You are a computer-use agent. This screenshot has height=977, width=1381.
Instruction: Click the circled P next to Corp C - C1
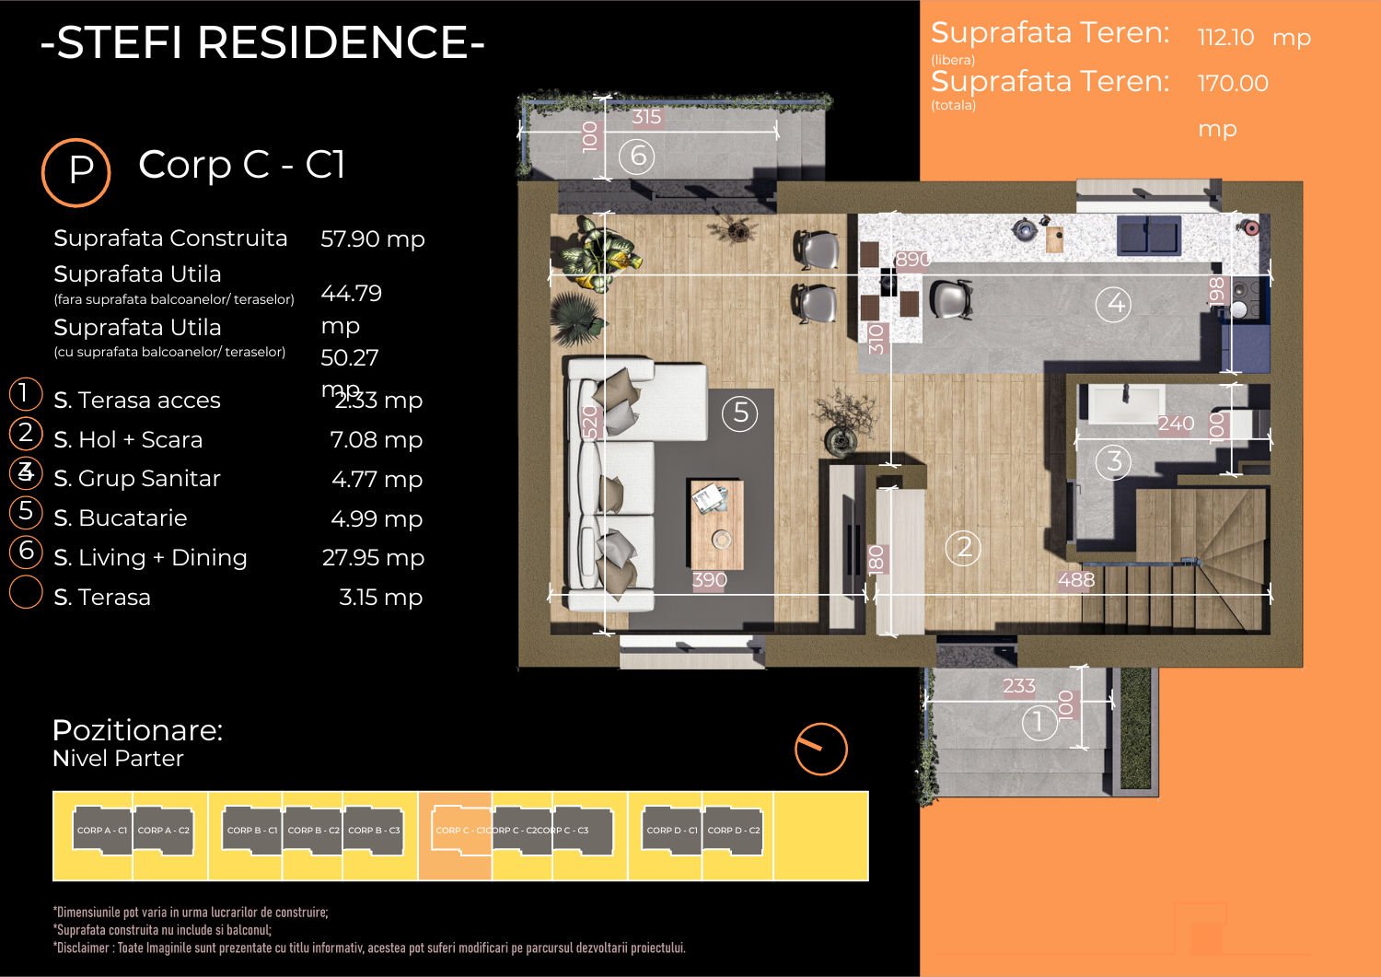tap(76, 172)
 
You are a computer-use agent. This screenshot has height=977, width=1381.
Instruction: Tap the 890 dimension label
tap(912, 260)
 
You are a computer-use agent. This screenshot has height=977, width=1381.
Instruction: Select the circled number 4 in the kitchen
tap(1116, 303)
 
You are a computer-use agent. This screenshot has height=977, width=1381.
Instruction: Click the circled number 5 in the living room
tap(739, 413)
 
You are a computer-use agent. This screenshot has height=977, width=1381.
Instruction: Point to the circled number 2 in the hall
tap(963, 548)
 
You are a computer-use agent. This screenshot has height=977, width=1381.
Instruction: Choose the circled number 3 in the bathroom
tap(1113, 461)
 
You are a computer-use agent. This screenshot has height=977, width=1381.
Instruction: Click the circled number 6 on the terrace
tap(637, 157)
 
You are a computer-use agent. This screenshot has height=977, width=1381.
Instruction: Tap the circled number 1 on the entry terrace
tap(1039, 722)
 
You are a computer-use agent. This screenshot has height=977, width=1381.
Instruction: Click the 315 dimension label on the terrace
tap(646, 117)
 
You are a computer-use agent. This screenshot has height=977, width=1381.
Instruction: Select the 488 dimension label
tap(1075, 580)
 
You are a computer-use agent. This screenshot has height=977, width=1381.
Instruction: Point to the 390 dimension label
tap(709, 580)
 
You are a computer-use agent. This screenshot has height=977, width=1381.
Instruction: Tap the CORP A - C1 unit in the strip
tap(102, 831)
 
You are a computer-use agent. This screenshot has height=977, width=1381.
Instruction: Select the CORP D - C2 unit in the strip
tap(733, 831)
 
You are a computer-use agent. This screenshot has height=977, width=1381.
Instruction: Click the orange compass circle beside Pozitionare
tap(820, 749)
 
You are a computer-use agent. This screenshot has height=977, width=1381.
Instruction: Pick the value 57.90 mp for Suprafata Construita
tap(372, 239)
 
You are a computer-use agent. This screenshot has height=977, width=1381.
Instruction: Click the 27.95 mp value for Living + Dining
tap(373, 558)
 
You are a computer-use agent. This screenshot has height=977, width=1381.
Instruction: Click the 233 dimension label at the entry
tap(1019, 686)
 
